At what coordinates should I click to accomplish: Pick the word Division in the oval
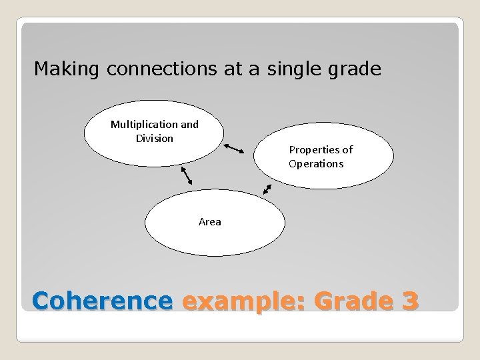click(x=154, y=138)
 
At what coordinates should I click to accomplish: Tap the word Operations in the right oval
click(x=316, y=163)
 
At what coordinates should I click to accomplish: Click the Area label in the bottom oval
click(x=209, y=222)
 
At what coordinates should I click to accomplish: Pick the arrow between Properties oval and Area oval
click(x=267, y=189)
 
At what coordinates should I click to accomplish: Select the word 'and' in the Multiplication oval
click(x=189, y=125)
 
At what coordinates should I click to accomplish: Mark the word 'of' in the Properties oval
click(x=347, y=150)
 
